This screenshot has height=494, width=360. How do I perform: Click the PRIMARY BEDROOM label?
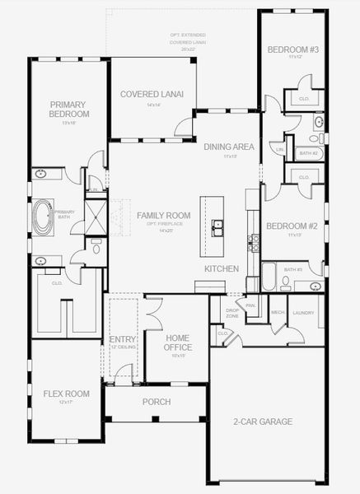pyautogui.click(x=69, y=109)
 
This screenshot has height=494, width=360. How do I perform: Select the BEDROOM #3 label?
pyautogui.click(x=287, y=50)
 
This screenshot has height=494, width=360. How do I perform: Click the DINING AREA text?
pyautogui.click(x=228, y=147)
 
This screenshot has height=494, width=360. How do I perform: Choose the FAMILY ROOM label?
pyautogui.click(x=164, y=215)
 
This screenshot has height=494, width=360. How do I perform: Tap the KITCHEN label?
pyautogui.click(x=222, y=269)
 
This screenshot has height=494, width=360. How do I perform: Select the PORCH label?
pyautogui.click(x=156, y=403)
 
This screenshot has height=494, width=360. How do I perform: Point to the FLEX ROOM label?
pyautogui.click(x=66, y=394)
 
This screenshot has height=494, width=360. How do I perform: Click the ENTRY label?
pyautogui.click(x=122, y=340)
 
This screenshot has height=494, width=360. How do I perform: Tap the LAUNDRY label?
pyautogui.click(x=304, y=313)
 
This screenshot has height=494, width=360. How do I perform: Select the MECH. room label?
pyautogui.click(x=278, y=313)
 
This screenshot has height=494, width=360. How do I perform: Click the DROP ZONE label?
pyautogui.click(x=232, y=313)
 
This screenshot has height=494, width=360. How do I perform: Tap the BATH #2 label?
pyautogui.click(x=308, y=153)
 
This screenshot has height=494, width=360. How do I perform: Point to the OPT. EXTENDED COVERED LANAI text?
pyautogui.click(x=189, y=42)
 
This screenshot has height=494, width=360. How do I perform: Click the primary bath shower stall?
pyautogui.click(x=96, y=217)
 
